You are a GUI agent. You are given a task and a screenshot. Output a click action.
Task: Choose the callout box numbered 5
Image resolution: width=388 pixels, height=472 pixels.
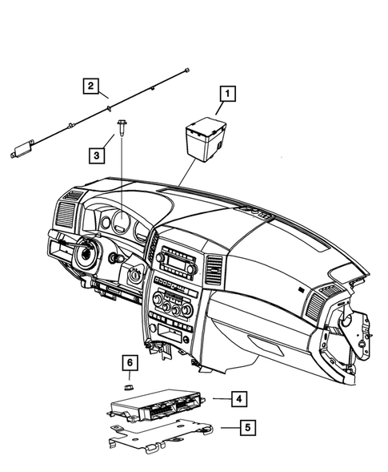coord(249,428)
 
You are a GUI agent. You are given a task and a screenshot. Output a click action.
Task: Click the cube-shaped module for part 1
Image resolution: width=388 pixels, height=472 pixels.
coord(205,135)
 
